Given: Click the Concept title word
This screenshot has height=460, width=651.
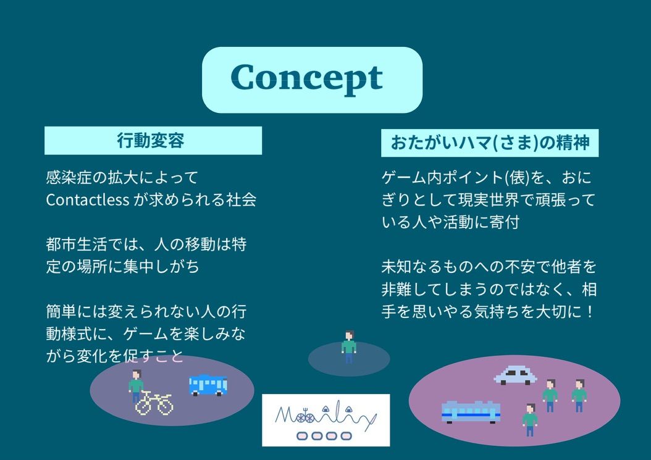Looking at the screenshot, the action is pos(307,78).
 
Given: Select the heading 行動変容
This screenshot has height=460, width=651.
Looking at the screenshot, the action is pos(150,140).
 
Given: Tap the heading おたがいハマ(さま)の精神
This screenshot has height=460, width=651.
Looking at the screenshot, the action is pos(490,143).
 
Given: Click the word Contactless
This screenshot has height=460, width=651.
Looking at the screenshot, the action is pos(88,199).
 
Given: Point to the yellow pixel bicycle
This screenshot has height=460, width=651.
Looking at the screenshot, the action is pos(154,403).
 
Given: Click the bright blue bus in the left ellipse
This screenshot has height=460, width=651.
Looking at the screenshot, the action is pos(208,385).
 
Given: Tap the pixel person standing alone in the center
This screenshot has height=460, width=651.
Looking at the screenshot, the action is pos(349,347).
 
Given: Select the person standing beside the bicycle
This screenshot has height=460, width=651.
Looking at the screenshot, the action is pos(136,385).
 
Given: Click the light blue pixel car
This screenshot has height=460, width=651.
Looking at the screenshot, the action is pos(515,375).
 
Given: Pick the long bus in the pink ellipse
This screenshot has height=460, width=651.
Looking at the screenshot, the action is pos(471,412).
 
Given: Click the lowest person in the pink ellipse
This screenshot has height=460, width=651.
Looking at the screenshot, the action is pos(530,420).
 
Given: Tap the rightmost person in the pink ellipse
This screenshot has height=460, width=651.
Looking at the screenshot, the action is pos(579,395).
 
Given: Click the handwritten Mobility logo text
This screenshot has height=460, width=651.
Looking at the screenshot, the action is pos(325,416).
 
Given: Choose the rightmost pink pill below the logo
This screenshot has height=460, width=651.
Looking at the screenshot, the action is pos(346,436).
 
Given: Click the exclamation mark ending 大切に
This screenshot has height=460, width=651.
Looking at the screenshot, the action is pos(590,311).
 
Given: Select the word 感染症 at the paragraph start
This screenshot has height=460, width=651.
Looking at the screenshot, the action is pos(69,177).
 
